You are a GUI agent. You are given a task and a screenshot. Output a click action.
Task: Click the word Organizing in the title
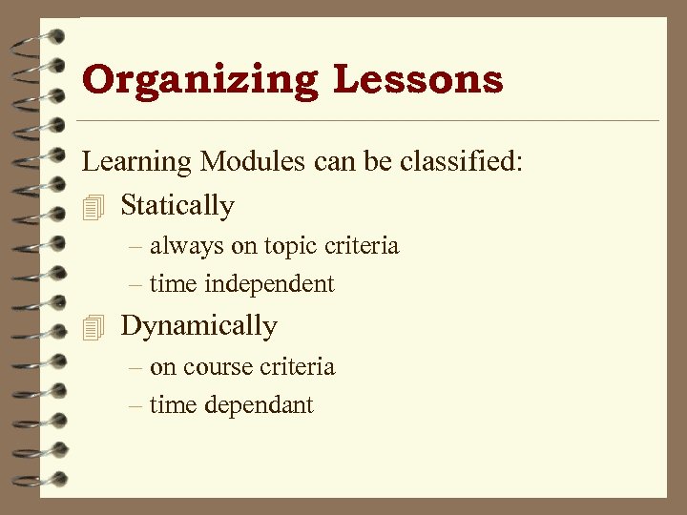199,80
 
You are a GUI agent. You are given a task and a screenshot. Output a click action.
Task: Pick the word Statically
177,205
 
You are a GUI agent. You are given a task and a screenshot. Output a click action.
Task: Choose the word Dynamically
198,326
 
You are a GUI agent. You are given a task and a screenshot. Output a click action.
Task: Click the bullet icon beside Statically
92,206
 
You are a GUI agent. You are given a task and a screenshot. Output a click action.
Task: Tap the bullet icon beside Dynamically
92,327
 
